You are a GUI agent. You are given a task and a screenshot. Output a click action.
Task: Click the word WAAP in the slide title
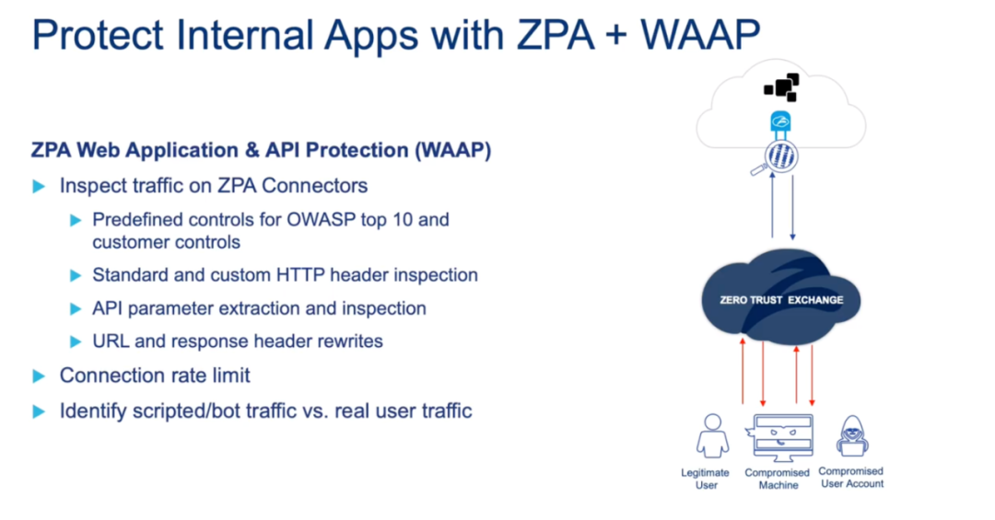click(x=700, y=34)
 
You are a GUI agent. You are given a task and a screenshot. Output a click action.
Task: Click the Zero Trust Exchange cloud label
click(x=781, y=300)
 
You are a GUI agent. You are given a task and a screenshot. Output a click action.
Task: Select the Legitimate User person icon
click(x=712, y=435)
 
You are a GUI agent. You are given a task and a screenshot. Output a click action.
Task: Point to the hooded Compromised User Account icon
click(x=852, y=435)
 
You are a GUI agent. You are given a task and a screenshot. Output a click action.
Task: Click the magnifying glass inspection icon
click(x=776, y=158)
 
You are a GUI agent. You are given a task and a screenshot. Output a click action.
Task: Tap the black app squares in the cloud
click(x=782, y=87)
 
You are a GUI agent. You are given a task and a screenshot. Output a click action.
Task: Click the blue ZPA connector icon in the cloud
click(x=780, y=121)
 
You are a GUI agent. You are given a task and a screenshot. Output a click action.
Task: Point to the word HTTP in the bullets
click(x=300, y=274)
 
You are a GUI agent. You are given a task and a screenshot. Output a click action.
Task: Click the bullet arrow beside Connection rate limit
click(x=39, y=376)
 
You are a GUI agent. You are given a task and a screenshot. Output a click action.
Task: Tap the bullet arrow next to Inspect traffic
click(x=39, y=187)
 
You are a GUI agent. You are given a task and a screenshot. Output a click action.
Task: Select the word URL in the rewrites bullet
click(x=111, y=341)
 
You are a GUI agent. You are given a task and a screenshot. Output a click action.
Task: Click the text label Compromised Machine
click(x=778, y=479)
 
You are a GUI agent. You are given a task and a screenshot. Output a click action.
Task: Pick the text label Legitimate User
click(x=705, y=479)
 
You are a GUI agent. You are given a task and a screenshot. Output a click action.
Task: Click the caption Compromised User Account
click(x=851, y=478)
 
